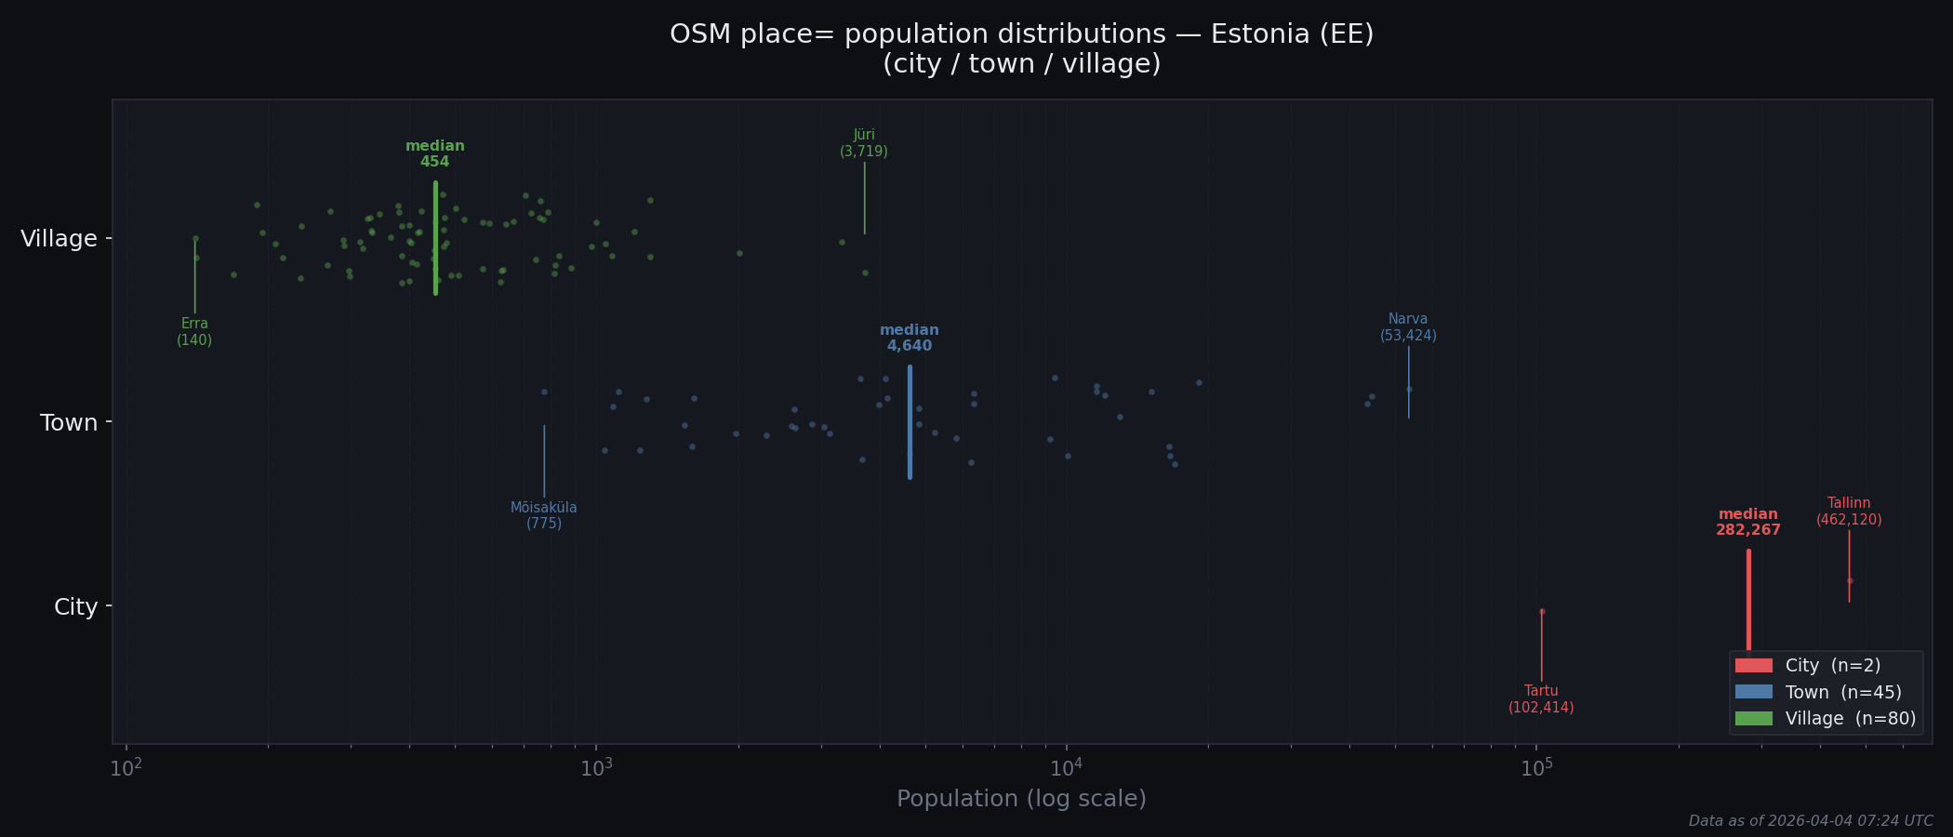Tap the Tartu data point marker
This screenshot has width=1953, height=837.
tap(1542, 611)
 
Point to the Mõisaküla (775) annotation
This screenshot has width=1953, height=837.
tap(544, 515)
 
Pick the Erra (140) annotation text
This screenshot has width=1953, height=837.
tap(194, 332)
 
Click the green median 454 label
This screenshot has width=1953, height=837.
tap(435, 153)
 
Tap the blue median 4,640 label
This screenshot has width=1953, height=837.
tap(910, 338)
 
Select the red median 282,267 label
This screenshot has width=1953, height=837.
tap(1748, 522)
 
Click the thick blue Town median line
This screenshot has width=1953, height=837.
tap(910, 422)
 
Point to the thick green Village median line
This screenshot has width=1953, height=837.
tap(435, 238)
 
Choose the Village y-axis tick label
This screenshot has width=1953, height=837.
tap(59, 239)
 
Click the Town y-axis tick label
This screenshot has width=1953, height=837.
tap(69, 423)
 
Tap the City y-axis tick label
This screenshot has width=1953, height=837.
tap(75, 607)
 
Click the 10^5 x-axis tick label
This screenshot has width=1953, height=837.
tap(1536, 768)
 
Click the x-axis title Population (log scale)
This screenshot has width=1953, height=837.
tap(1021, 799)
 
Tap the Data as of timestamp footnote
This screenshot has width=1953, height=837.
tap(1811, 821)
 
